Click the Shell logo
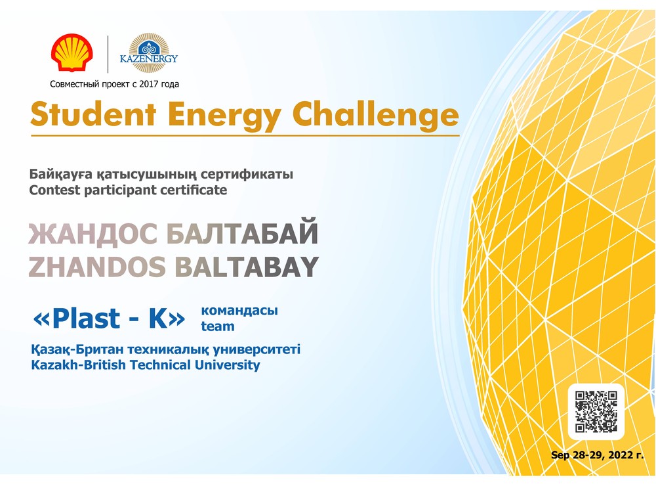coord(72,53)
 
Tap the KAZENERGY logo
coord(149,53)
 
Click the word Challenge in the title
coord(375,114)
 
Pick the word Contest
coord(54,190)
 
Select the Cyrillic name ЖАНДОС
coord(93,234)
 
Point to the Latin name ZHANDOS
coord(97,267)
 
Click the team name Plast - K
coord(109,319)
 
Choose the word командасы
coord(239,311)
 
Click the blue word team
coord(218,326)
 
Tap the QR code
coord(596,412)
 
